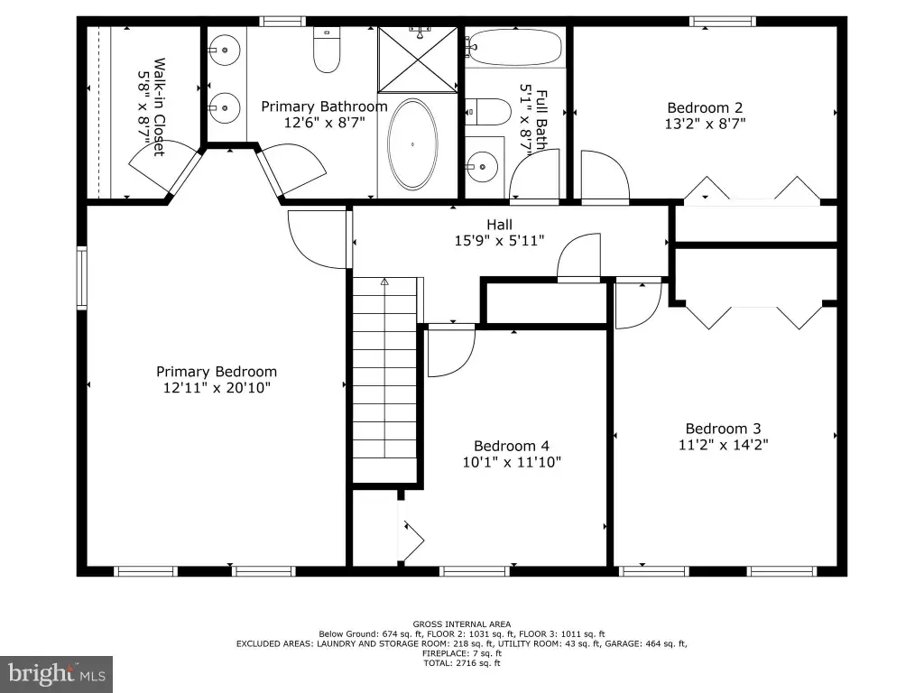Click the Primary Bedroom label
click(217, 372)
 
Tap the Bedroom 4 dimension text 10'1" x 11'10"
click(512, 462)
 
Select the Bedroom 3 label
click(723, 429)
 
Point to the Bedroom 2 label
click(705, 108)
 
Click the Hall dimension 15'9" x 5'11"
click(499, 240)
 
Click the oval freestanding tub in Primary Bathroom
click(412, 143)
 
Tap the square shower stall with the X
click(417, 60)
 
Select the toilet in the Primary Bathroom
click(327, 51)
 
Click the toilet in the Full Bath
click(488, 111)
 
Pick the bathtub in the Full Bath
click(514, 47)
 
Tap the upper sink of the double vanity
click(225, 51)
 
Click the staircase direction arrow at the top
click(384, 282)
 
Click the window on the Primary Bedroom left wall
click(82, 278)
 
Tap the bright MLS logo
click(56, 674)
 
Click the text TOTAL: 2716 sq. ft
click(462, 663)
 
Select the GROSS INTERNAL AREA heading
click(462, 624)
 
